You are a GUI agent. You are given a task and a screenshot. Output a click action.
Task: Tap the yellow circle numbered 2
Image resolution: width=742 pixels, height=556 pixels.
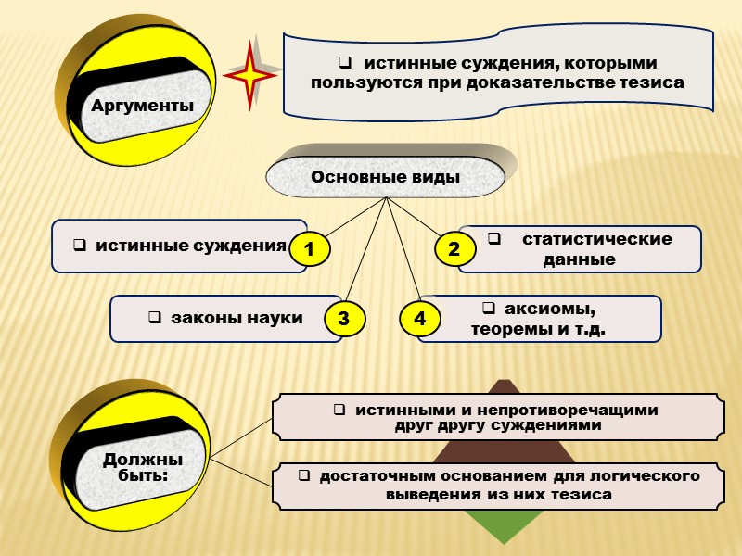coord(454,249)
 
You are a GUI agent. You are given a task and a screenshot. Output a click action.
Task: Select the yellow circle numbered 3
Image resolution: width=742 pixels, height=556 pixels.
coord(343,319)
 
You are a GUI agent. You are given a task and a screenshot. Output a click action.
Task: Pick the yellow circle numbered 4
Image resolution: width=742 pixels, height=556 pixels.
coord(420,319)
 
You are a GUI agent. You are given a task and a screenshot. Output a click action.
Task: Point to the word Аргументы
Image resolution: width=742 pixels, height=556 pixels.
coord(143,106)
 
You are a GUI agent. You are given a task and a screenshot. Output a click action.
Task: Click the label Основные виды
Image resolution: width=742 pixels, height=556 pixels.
coord(386,176)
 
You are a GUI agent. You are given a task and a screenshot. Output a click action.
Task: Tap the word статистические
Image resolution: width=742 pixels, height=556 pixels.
coord(596,239)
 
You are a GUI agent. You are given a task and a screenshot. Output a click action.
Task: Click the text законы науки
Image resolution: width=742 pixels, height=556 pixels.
coord(236,318)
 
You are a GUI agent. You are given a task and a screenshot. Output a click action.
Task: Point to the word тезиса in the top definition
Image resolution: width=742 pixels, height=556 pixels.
coord(649,82)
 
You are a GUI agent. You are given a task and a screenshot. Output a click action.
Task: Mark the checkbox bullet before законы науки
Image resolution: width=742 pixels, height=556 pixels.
coord(154,319)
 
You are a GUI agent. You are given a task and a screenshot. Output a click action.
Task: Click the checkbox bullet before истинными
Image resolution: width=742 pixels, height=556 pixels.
coord(339,410)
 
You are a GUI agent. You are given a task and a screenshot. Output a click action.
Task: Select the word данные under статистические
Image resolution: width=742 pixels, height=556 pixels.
coord(580,259)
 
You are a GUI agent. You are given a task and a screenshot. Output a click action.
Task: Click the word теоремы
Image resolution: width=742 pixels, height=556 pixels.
coord(509,328)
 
